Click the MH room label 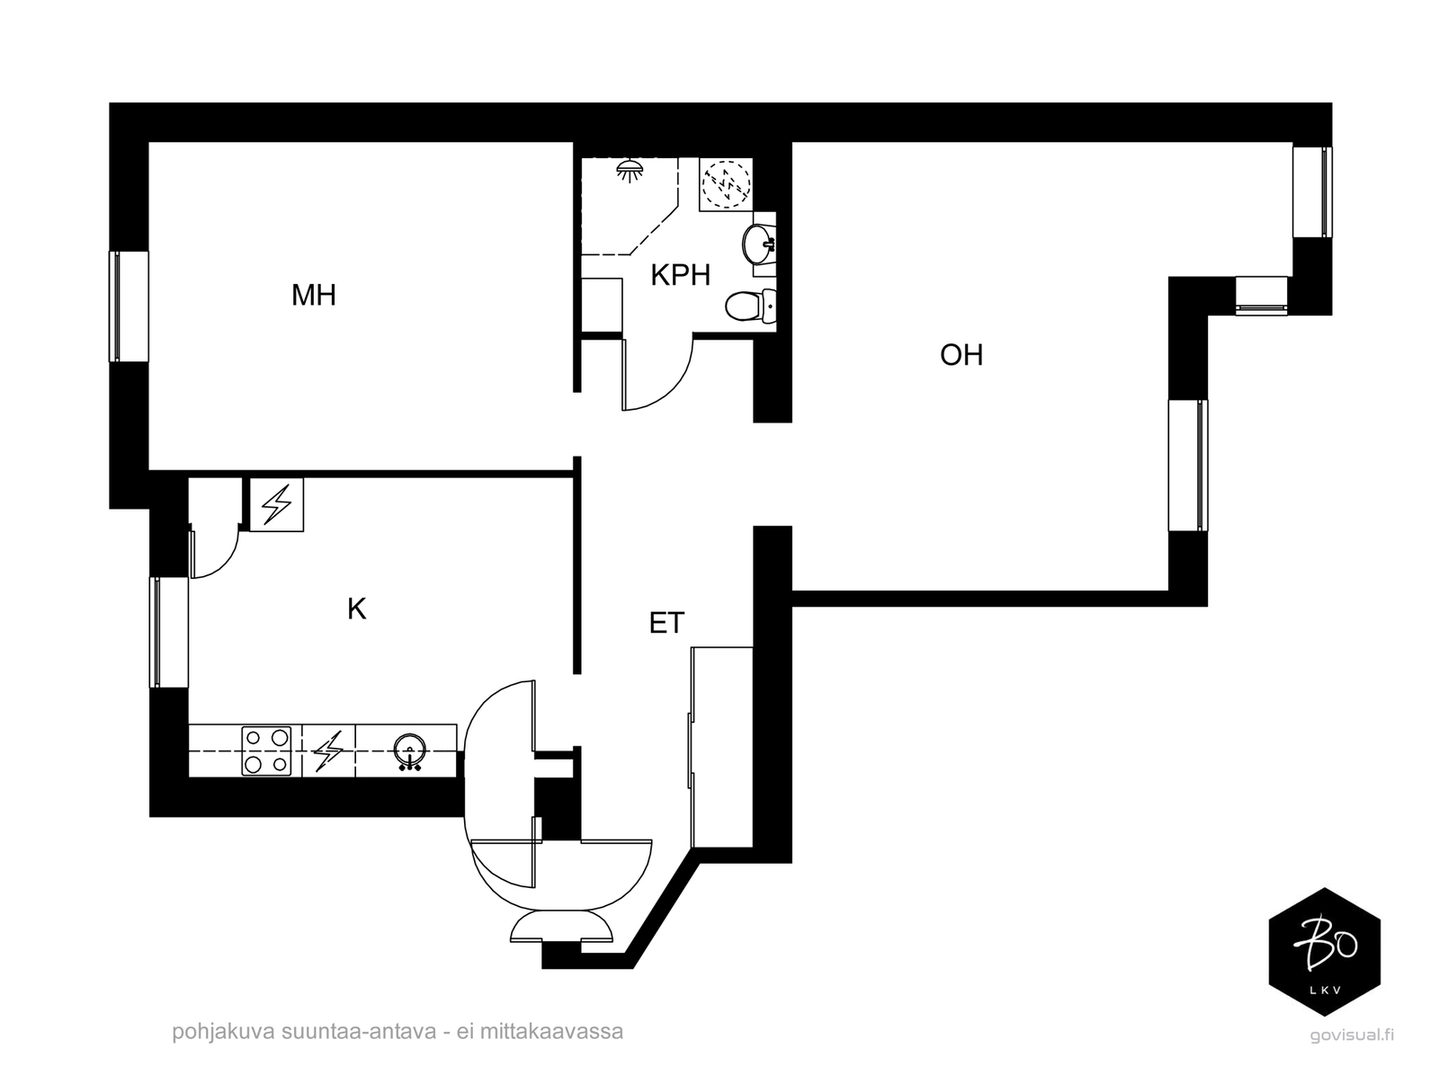[x=313, y=296]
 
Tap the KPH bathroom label [x=681, y=275]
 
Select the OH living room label [x=961, y=355]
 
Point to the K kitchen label [x=357, y=609]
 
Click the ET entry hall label [x=666, y=623]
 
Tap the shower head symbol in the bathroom [x=630, y=171]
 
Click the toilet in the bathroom [x=751, y=306]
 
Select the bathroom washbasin [x=758, y=244]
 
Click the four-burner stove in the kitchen [x=266, y=751]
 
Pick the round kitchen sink [x=410, y=751]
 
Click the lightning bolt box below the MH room [x=277, y=504]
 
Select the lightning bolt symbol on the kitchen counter [x=328, y=751]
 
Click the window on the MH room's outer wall [x=129, y=306]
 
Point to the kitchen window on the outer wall [x=169, y=632]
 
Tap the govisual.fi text [x=1352, y=1035]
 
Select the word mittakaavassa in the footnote [x=551, y=1032]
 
